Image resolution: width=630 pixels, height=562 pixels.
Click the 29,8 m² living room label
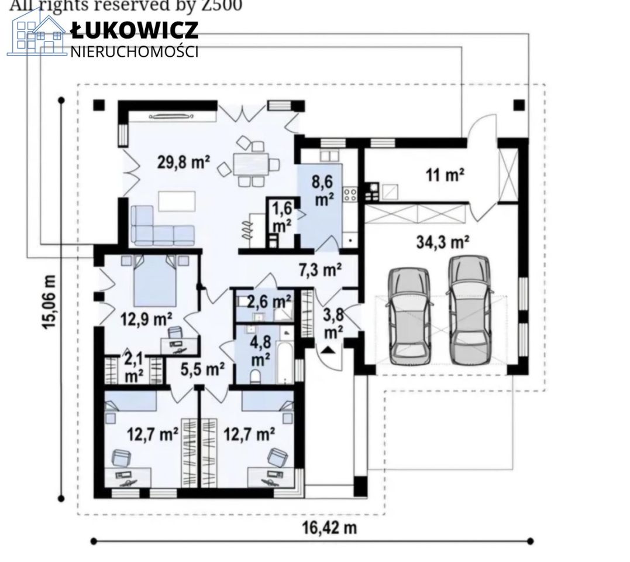coord(184,162)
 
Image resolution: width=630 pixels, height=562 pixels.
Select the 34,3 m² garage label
coord(443,241)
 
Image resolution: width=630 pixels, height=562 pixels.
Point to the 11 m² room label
coord(445,174)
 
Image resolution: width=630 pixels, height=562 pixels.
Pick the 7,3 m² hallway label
coord(320,270)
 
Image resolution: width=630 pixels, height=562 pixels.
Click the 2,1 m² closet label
coord(133,366)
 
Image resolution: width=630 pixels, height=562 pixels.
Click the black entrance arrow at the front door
coord(328,350)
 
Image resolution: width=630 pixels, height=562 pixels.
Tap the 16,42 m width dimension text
coord(329,527)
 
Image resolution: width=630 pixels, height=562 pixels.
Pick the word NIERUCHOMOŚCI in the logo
coord(135,52)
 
